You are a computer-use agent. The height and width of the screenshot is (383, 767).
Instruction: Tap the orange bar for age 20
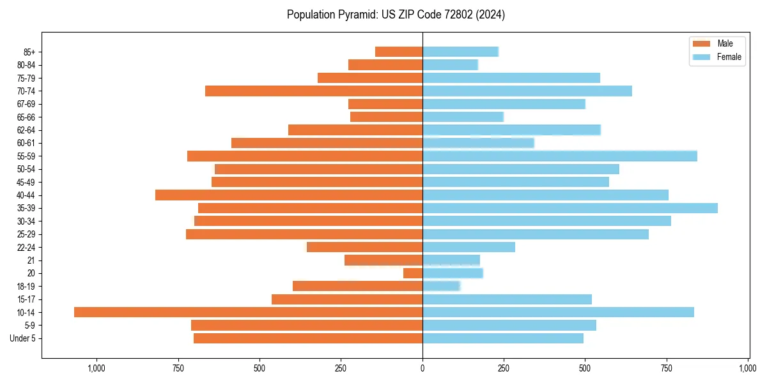413,273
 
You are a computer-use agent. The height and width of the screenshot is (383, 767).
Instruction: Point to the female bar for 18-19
441,286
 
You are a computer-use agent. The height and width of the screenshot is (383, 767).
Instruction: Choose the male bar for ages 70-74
314,91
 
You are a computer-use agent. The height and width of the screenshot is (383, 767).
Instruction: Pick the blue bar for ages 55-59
559,156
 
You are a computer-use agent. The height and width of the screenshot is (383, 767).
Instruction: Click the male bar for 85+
399,52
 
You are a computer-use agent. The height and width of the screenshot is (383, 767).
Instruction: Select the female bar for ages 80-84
450,65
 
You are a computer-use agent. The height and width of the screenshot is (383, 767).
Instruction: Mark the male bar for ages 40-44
289,195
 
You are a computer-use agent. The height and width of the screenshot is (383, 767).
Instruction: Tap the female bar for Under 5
502,338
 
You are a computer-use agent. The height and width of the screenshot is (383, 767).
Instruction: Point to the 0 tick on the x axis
422,368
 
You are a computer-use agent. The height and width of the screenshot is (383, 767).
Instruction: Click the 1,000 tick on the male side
97,368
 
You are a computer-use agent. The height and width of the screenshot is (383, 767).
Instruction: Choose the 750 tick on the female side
667,368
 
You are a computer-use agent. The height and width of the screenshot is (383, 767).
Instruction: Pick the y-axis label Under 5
23,338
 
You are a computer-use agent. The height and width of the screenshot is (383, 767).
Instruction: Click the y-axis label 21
31,260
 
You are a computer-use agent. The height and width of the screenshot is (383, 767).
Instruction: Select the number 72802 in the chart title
453,15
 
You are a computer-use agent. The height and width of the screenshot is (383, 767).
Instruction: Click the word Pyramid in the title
353,15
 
